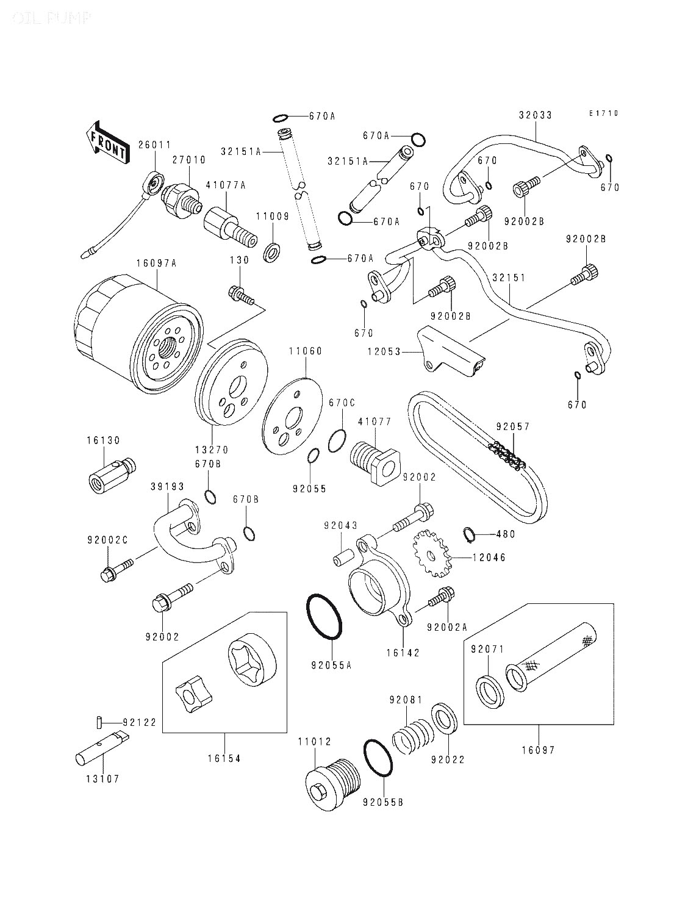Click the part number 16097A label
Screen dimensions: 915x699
click(x=156, y=264)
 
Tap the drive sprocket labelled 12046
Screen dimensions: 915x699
click(x=431, y=554)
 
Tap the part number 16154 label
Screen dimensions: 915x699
click(x=223, y=758)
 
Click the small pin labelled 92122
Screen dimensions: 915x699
click(x=98, y=722)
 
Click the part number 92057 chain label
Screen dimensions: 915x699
click(x=512, y=427)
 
